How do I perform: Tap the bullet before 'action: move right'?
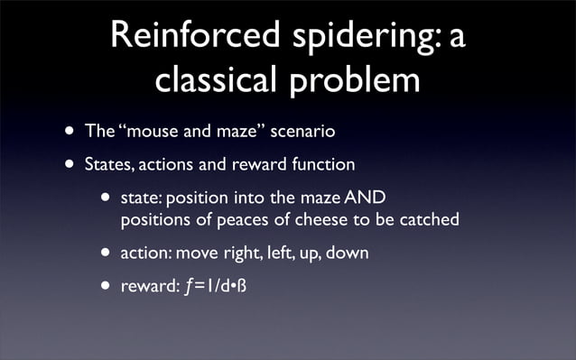[x=107, y=254]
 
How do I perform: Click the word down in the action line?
[x=347, y=254]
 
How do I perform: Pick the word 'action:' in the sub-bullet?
[x=144, y=254]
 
